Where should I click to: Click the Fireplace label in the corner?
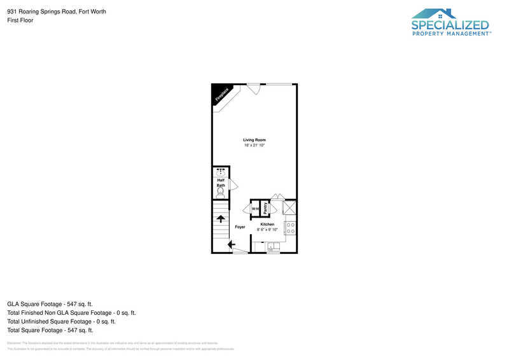pos(221,95)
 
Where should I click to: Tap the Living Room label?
pos(254,140)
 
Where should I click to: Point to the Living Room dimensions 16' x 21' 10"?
pos(254,146)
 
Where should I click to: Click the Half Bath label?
pos(221,183)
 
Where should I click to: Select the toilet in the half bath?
pos(221,191)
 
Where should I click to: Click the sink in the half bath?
pos(221,171)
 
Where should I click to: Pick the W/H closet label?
pos(254,209)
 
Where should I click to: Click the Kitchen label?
pos(267,225)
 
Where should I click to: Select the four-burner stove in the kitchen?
pos(290,227)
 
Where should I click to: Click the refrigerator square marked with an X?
pos(289,207)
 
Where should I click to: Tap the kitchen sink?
pos(272,247)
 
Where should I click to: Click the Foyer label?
pos(240,227)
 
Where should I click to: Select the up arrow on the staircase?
pos(221,219)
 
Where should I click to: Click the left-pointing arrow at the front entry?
pos(231,244)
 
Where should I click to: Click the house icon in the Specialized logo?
pos(435,13)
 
